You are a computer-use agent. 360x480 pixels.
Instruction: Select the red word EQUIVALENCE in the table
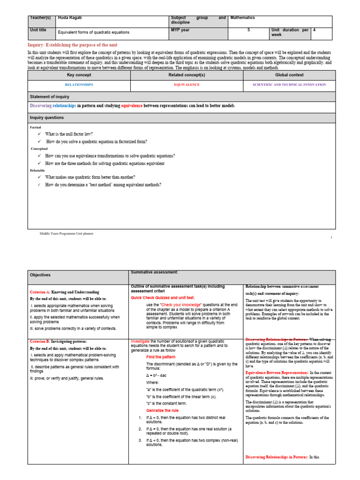coord(187,85)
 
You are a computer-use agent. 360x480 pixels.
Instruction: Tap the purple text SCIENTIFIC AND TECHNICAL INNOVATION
coord(289,85)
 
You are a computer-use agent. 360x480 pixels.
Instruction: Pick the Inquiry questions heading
coord(47,118)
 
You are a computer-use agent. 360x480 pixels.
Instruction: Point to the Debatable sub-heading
coord(37,171)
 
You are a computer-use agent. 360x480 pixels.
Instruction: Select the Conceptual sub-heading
coord(39,149)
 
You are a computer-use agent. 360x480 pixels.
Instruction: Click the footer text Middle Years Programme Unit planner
coord(66,233)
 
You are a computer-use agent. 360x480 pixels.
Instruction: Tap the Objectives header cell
coord(40,275)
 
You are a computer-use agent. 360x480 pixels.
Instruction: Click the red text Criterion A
coord(39,292)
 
